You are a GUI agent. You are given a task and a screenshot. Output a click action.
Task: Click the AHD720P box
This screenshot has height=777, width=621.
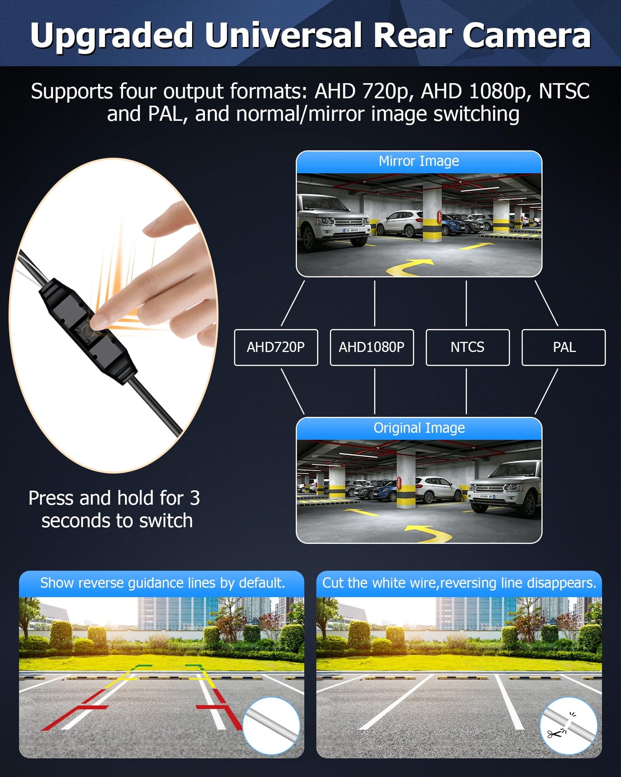click(276, 347)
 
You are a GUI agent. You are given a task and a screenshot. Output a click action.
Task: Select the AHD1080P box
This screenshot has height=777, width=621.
click(372, 347)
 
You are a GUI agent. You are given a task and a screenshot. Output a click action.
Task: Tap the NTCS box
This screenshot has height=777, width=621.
click(468, 347)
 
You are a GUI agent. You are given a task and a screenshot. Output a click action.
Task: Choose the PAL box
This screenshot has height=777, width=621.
click(564, 347)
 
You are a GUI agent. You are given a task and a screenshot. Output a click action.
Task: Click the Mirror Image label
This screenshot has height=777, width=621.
click(419, 161)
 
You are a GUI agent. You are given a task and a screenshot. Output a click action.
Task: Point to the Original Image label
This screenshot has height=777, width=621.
click(419, 428)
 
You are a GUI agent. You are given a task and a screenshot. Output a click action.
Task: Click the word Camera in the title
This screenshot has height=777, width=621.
click(527, 36)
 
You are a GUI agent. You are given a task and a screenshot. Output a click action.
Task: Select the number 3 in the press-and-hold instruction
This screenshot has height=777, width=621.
click(195, 498)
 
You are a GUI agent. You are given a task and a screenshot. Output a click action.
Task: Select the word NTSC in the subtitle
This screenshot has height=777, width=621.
click(564, 91)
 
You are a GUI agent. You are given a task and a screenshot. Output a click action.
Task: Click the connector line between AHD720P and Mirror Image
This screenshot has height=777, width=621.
click(293, 303)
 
